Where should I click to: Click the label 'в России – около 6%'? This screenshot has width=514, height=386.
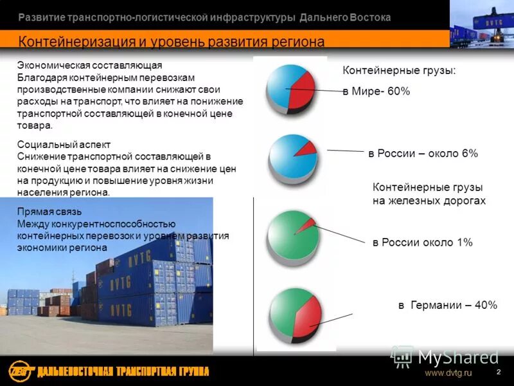pos(423,154)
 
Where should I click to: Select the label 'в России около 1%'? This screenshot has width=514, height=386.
pos(422,243)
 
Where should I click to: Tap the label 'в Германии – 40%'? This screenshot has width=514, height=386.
pos(447,305)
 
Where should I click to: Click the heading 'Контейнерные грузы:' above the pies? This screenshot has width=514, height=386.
pos(399,71)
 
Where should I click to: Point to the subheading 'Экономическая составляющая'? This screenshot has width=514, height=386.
pos(89,66)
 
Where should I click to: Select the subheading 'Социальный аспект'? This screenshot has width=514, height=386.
pos(64,145)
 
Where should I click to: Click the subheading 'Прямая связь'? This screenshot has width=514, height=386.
pos(49,212)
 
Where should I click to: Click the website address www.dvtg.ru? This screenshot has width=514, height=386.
pos(448,373)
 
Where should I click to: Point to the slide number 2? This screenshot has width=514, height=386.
pos(498,373)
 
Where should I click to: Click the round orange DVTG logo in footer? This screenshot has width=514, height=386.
pos(19,371)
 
